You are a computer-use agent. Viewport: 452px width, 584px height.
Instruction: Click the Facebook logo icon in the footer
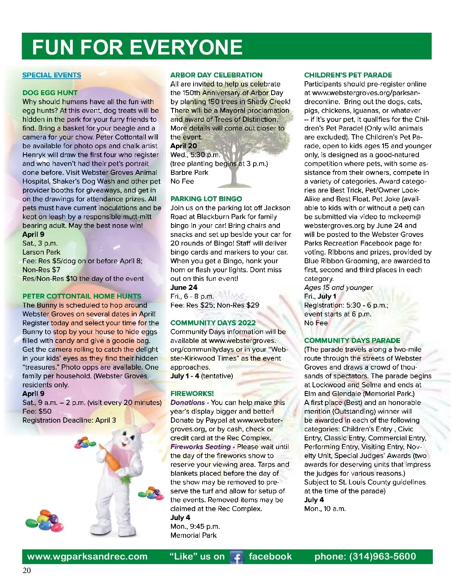(237, 557)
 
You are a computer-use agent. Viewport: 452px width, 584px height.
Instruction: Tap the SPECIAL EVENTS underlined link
(52, 75)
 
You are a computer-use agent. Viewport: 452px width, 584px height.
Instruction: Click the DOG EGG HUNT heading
(50, 93)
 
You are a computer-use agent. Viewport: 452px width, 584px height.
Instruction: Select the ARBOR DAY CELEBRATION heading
(216, 75)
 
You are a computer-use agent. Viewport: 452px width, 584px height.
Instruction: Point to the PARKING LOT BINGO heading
(206, 199)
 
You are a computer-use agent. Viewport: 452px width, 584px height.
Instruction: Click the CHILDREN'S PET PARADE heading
(348, 75)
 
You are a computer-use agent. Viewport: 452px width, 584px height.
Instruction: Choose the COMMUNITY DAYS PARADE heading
(352, 340)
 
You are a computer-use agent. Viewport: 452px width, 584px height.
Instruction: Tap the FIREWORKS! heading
(192, 393)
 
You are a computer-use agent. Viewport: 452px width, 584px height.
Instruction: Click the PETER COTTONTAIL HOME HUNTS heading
(82, 296)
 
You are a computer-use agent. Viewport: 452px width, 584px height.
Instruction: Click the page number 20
(27, 570)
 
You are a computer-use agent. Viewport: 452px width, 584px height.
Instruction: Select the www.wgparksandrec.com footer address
(87, 557)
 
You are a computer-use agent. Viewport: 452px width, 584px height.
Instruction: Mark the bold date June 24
(184, 287)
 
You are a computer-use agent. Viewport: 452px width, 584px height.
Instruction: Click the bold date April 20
(183, 146)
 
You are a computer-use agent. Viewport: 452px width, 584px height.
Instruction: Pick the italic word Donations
(187, 402)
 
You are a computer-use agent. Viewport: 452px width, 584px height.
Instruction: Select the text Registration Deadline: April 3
(69, 420)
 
